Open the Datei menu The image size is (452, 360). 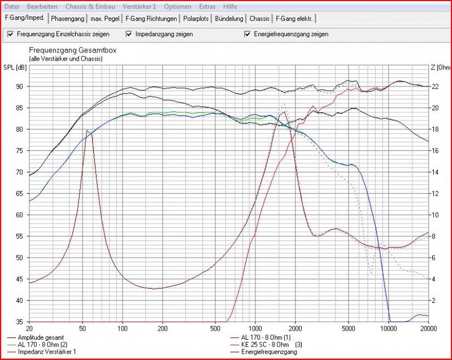point(12,6)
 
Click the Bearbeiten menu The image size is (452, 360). point(41,6)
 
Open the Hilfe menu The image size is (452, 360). point(230,6)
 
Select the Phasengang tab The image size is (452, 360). point(67,18)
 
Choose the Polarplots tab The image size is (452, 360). point(195,18)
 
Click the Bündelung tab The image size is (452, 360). point(229,18)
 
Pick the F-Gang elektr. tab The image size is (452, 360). point(294,18)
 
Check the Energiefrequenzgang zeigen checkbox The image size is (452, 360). point(247,34)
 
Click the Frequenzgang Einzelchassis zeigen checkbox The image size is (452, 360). point(10,34)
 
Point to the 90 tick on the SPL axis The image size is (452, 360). point(19,86)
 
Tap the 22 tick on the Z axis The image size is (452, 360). point(434,86)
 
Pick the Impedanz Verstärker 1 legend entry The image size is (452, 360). point(46,350)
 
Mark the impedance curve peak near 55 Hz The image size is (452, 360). point(87,131)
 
